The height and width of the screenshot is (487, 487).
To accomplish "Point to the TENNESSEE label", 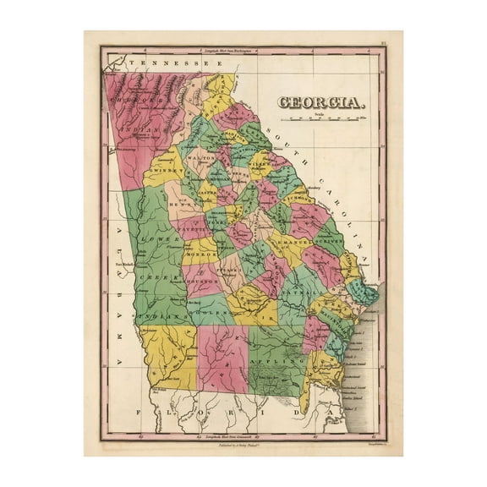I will coord(161,63).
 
